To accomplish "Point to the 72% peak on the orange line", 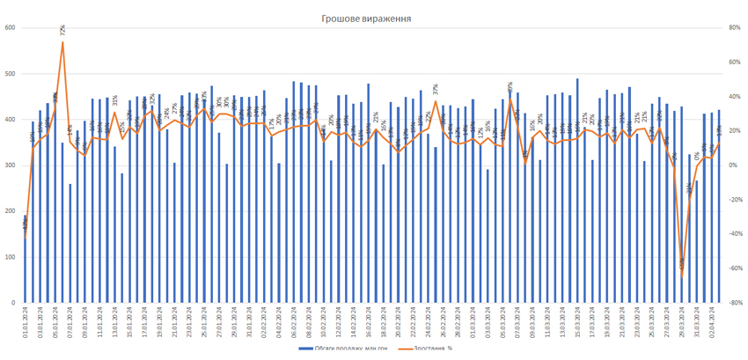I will coord(62,42).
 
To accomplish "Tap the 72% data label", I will coord(62,30).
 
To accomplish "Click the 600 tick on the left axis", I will coord(10,28).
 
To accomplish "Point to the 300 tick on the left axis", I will coord(10,165).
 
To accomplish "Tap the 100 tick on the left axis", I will coord(10,257).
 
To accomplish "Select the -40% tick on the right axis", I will coord(734,234).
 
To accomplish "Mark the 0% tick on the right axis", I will coord(732,165).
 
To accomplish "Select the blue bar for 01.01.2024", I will coord(26,259).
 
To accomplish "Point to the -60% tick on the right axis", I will coord(734,268).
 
